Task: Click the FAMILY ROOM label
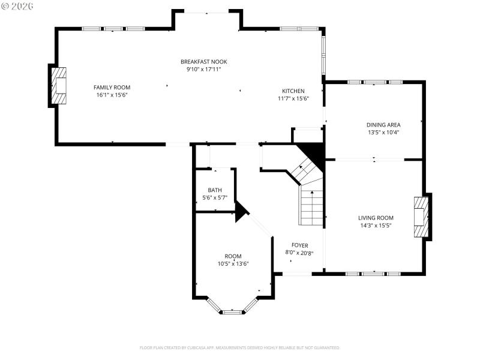tap(112, 87)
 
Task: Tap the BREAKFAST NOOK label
tap(204, 61)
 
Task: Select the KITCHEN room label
tap(293, 91)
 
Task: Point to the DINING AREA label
tap(383, 125)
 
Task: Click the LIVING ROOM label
tap(376, 218)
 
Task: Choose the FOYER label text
tap(299, 245)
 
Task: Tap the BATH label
tap(215, 190)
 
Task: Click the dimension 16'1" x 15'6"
tap(112, 95)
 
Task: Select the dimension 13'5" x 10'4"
tap(383, 133)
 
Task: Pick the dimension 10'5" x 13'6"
tap(233, 263)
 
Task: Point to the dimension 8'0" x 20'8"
tap(299, 253)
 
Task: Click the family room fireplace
tap(59, 87)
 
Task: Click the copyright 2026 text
tap(18, 6)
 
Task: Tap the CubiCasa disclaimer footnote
tap(240, 347)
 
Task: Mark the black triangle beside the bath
tap(241, 211)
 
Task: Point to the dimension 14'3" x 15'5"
tap(376, 226)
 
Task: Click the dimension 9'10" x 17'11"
tap(204, 69)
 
